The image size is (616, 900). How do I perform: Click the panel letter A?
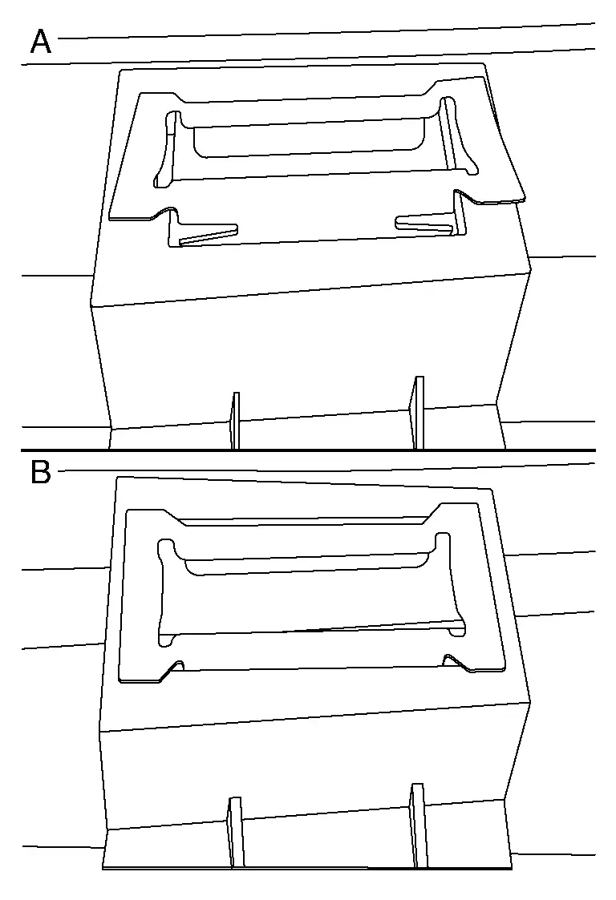click(x=40, y=42)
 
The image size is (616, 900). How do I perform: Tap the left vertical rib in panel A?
click(x=234, y=421)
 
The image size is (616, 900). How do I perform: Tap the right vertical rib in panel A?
click(x=417, y=413)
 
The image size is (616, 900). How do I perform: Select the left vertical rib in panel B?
click(x=235, y=832)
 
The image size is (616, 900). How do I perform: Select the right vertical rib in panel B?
click(x=419, y=825)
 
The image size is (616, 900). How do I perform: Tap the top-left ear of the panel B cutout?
click(x=167, y=547)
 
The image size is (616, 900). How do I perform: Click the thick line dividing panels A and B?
click(x=308, y=450)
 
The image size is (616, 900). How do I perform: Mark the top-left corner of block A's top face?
click(x=120, y=71)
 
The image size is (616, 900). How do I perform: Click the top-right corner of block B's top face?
click(x=493, y=489)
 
